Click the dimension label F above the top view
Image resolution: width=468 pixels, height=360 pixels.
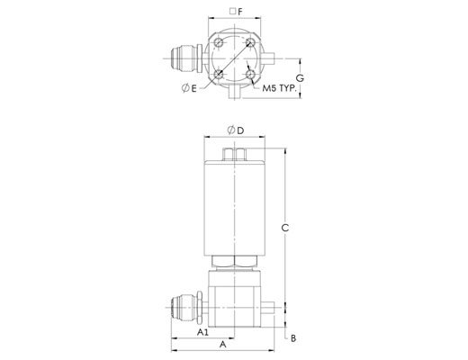[x=240, y=12]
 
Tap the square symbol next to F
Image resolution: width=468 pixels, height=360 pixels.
[x=232, y=12]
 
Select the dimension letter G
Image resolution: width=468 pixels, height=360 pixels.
[x=300, y=78]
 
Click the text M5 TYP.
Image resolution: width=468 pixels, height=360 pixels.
[x=279, y=88]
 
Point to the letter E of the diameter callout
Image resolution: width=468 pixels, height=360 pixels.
[x=193, y=88]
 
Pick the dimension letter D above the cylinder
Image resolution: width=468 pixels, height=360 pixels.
[x=240, y=130]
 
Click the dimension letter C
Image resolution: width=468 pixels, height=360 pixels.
[x=285, y=228]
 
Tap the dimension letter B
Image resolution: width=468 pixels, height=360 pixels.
[x=293, y=338]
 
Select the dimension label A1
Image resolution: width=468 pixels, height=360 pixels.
[x=202, y=332]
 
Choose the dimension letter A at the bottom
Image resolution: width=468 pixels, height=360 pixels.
[x=222, y=345]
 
